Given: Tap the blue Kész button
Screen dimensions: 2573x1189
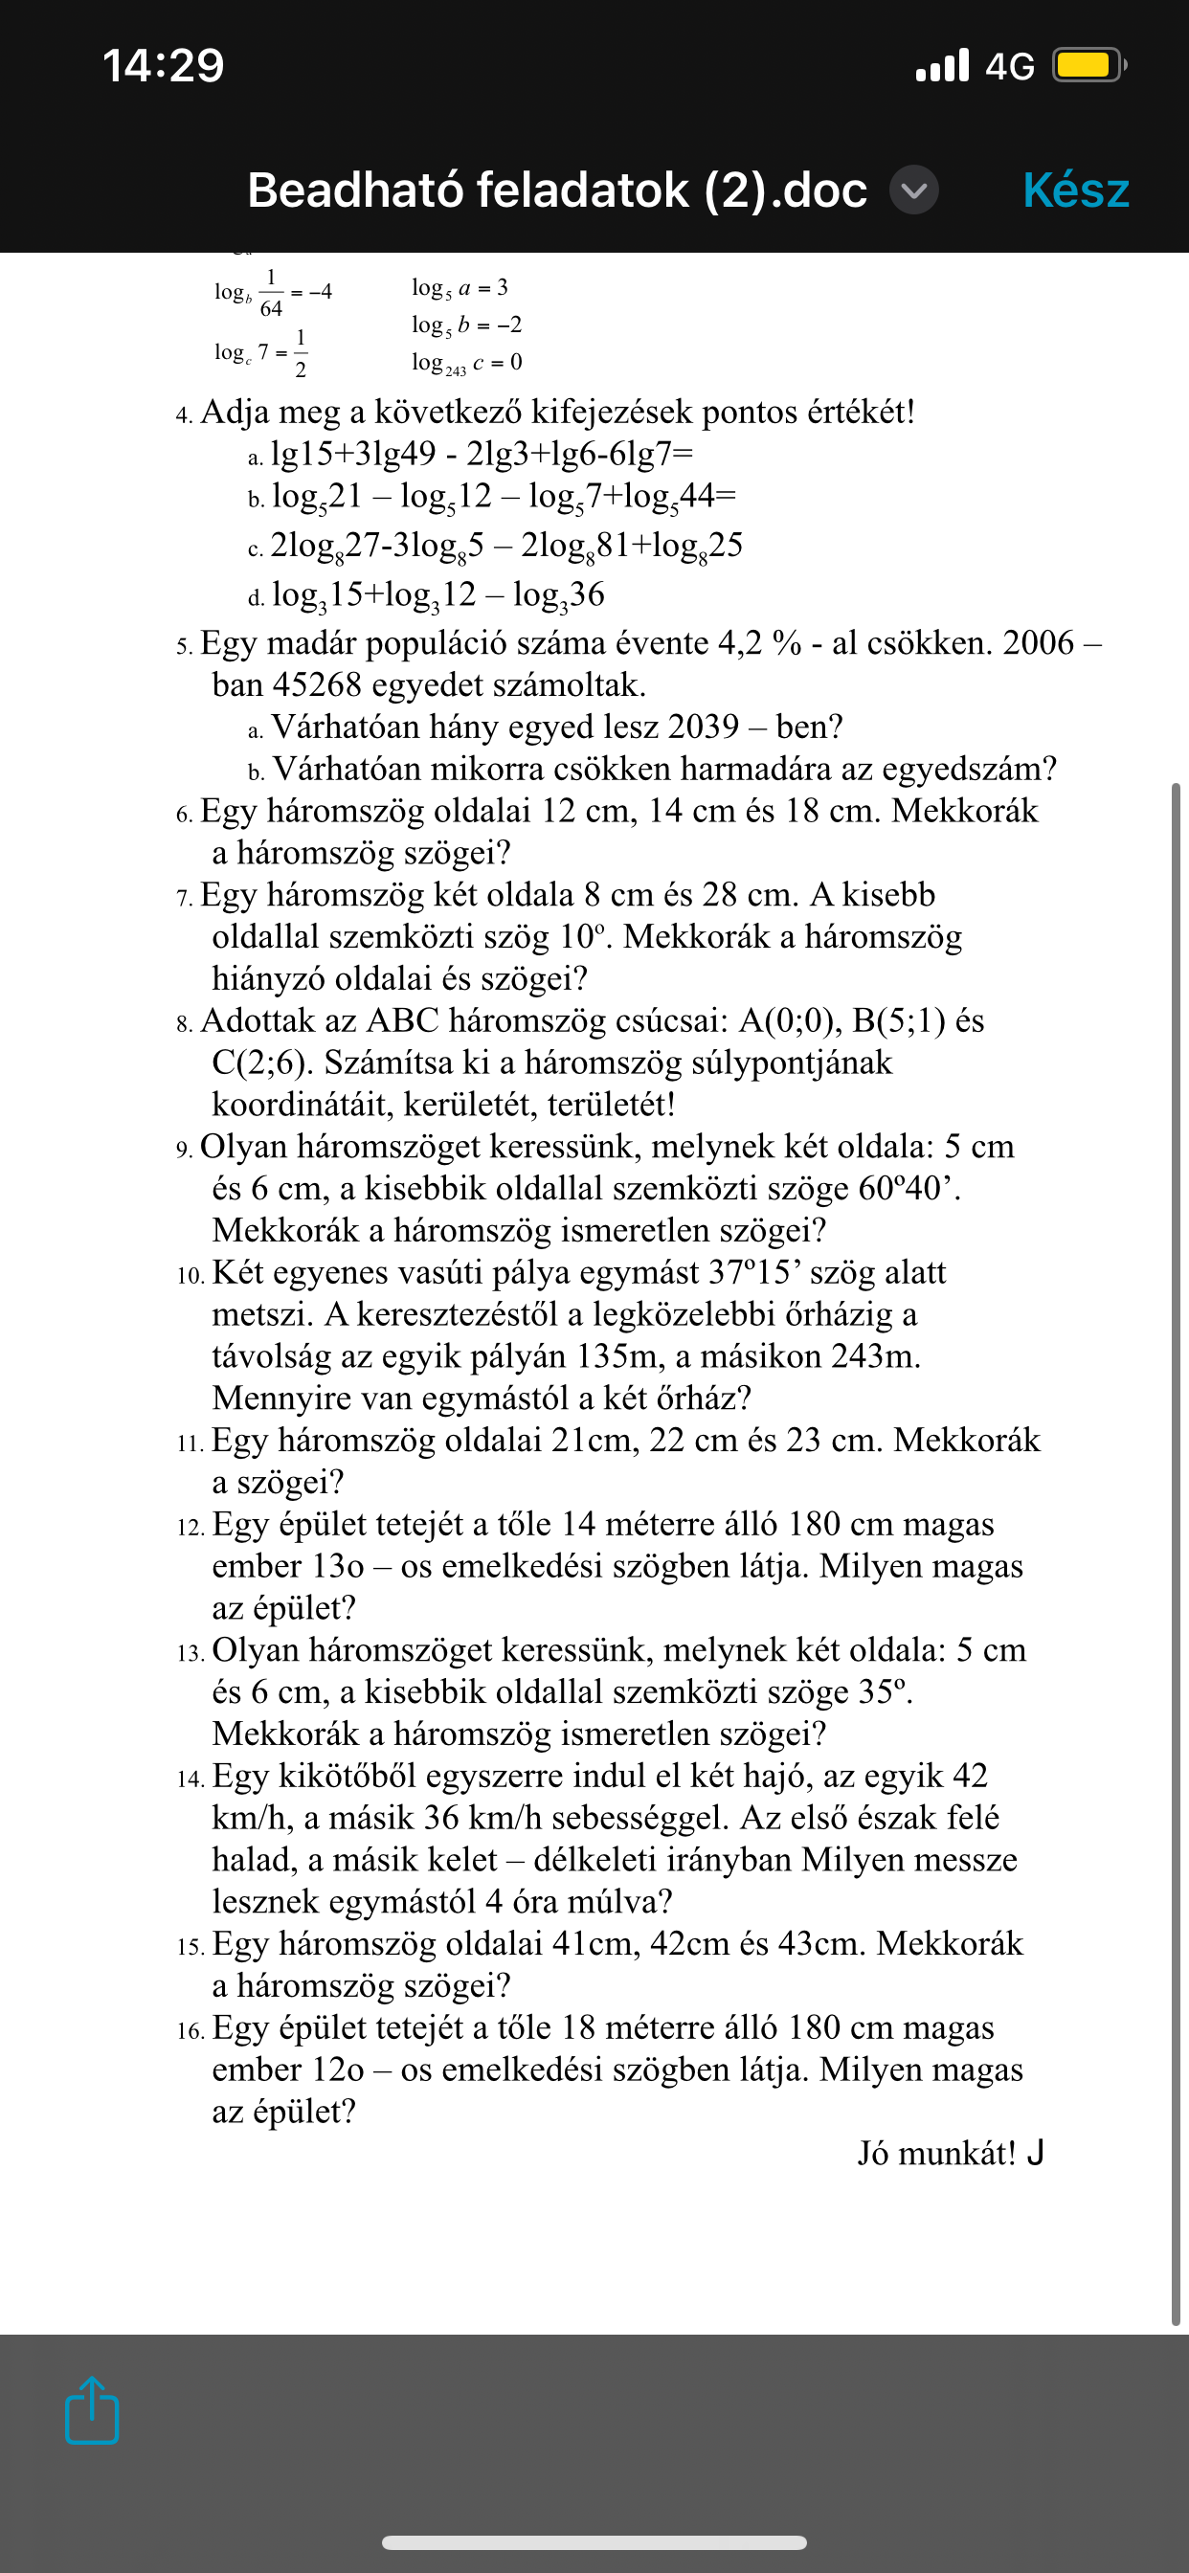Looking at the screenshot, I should [x=1075, y=190].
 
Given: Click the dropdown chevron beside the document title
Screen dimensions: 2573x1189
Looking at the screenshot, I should [x=914, y=190].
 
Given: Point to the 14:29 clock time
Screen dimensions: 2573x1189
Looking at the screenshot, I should [x=163, y=66].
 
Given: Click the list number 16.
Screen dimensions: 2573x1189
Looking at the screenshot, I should [x=190, y=2029].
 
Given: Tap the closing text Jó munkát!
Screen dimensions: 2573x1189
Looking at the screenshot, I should [x=937, y=2153].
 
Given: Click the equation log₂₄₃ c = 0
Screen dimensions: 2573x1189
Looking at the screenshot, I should [x=466, y=363].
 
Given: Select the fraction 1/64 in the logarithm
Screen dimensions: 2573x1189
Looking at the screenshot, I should [x=271, y=293].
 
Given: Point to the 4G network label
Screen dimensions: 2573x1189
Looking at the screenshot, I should [x=1009, y=67].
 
